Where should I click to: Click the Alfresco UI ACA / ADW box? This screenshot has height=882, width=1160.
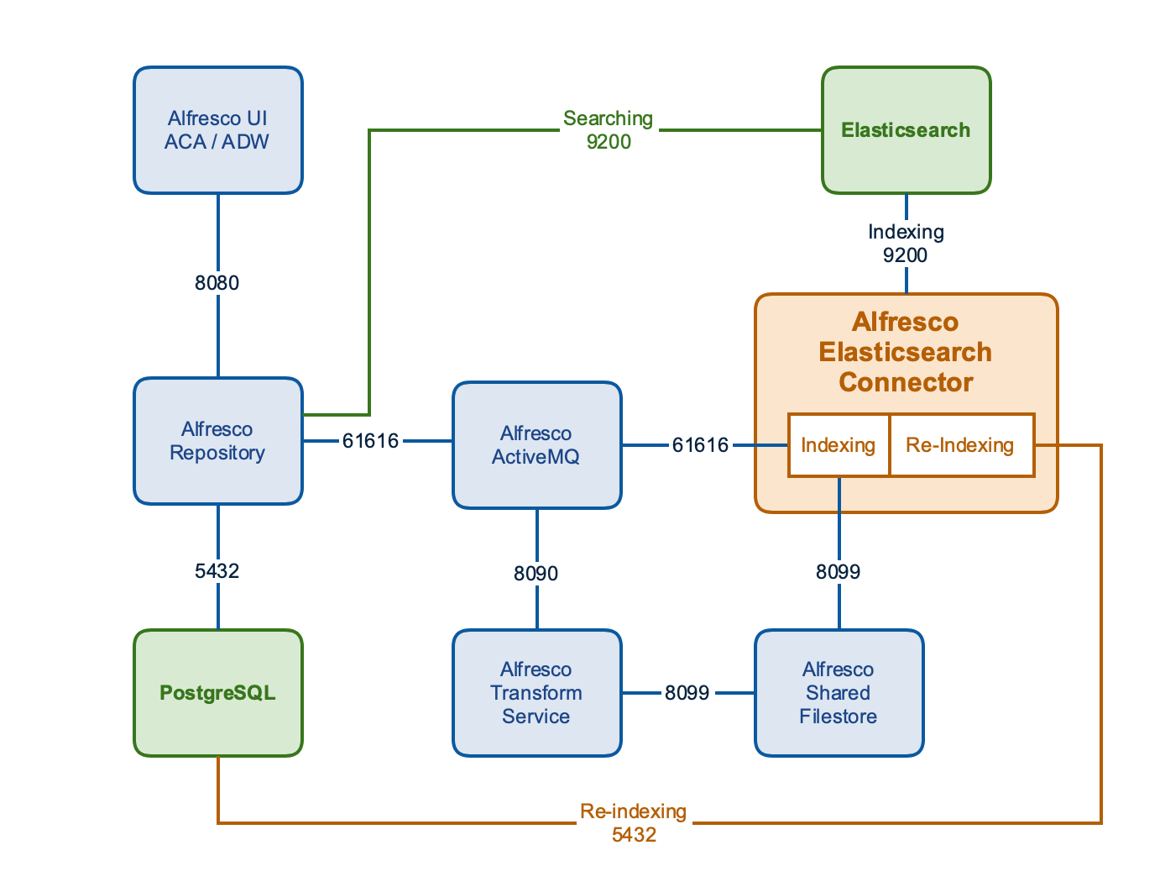click(x=217, y=130)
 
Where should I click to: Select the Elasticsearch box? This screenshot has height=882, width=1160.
click(x=906, y=130)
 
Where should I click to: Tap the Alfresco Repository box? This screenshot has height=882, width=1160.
click(x=217, y=441)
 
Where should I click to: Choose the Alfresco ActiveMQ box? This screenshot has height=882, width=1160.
click(x=536, y=445)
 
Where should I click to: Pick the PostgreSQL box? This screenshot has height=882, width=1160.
click(x=217, y=693)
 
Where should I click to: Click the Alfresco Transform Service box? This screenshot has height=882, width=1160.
click(x=536, y=693)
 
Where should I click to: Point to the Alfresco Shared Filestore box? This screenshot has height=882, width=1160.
click(x=839, y=693)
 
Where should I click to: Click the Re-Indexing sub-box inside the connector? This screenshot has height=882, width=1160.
click(x=960, y=445)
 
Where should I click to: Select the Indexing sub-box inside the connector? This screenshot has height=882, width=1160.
click(x=838, y=445)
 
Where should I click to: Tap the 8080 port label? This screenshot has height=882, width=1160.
click(x=217, y=283)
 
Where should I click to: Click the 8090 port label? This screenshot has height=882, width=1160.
click(x=536, y=574)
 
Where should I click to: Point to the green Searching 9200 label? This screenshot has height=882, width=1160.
click(x=609, y=130)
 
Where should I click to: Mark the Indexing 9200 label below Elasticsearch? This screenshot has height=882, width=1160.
click(x=906, y=244)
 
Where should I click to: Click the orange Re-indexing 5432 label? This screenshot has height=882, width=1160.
click(x=634, y=823)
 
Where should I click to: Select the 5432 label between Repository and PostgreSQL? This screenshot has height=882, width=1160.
click(x=217, y=571)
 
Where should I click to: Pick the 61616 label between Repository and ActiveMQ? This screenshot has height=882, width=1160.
click(x=370, y=441)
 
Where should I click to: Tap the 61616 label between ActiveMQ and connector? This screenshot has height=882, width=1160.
click(x=700, y=445)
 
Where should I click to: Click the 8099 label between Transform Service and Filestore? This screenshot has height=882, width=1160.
click(x=687, y=693)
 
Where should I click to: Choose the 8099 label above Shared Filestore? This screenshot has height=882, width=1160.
click(x=839, y=572)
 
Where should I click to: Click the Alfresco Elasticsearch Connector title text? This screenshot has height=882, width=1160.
click(x=906, y=352)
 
